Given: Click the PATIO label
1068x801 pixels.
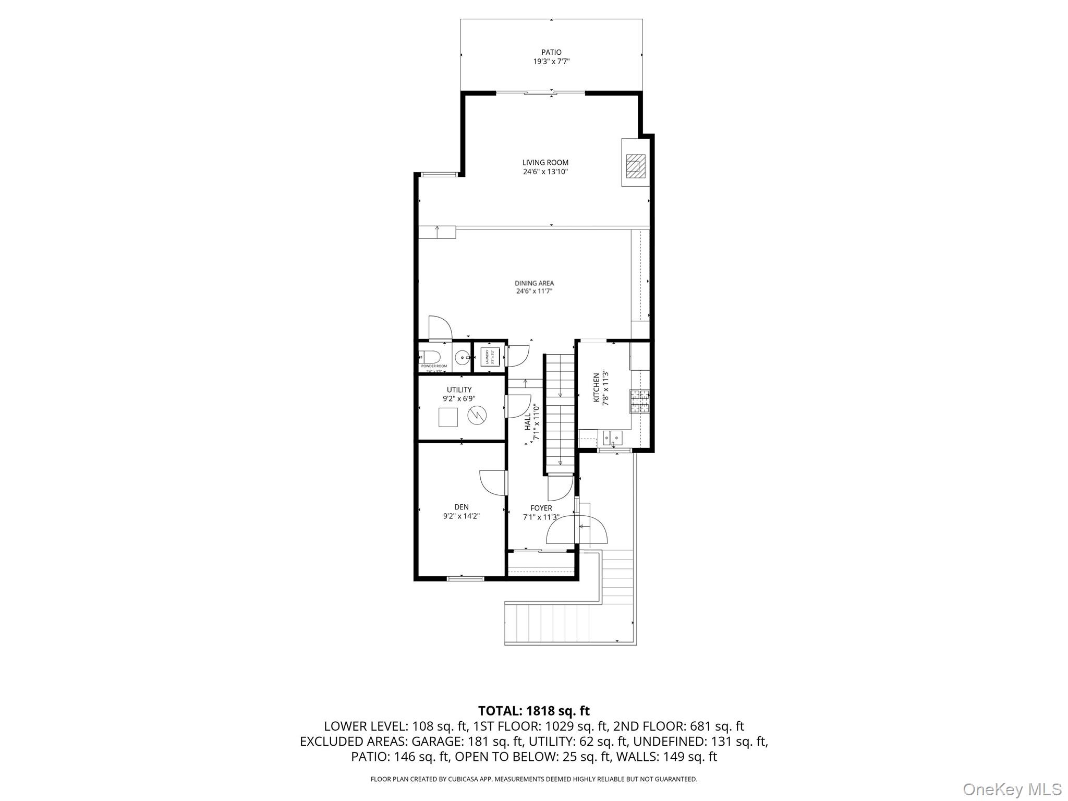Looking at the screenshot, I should click(551, 52).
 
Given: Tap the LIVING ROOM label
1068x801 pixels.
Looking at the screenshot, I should click(545, 163).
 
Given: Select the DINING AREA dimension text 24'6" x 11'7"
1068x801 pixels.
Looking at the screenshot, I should click(534, 291).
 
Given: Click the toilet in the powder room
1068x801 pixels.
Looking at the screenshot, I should click(431, 357).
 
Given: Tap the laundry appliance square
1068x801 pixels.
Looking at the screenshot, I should click(490, 357).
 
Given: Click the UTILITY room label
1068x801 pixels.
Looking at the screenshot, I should click(459, 390).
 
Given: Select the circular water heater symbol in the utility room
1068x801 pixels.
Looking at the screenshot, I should click(477, 416).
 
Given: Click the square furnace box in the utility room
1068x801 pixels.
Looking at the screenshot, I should click(448, 417).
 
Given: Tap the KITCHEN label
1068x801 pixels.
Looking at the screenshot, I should click(596, 387).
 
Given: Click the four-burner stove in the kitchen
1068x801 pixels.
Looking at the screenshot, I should click(640, 401).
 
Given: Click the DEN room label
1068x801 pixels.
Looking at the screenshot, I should click(461, 507).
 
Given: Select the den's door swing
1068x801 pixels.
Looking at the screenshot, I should click(491, 482).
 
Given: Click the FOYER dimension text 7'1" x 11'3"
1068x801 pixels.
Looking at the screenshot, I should click(541, 517).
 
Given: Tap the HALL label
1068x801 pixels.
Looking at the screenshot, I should click(527, 422).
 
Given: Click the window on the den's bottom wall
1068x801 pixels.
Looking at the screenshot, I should click(466, 578).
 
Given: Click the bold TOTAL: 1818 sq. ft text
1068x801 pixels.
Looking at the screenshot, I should click(533, 711).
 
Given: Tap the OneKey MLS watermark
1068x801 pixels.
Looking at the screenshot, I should click(1012, 789).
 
